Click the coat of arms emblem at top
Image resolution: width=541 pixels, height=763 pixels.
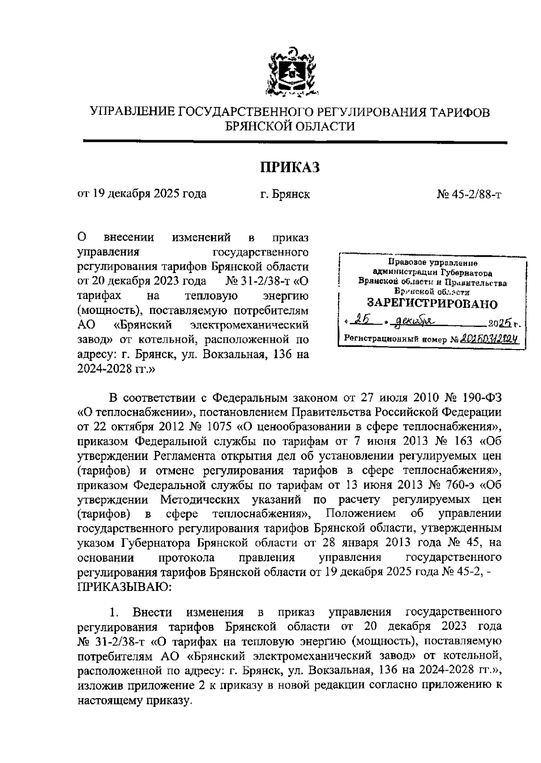point(290,73)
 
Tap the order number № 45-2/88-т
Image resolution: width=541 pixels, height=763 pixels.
point(469,194)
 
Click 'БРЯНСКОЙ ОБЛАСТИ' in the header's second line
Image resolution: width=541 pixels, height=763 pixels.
point(290,127)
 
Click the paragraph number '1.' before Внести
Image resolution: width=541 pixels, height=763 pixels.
point(114,613)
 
